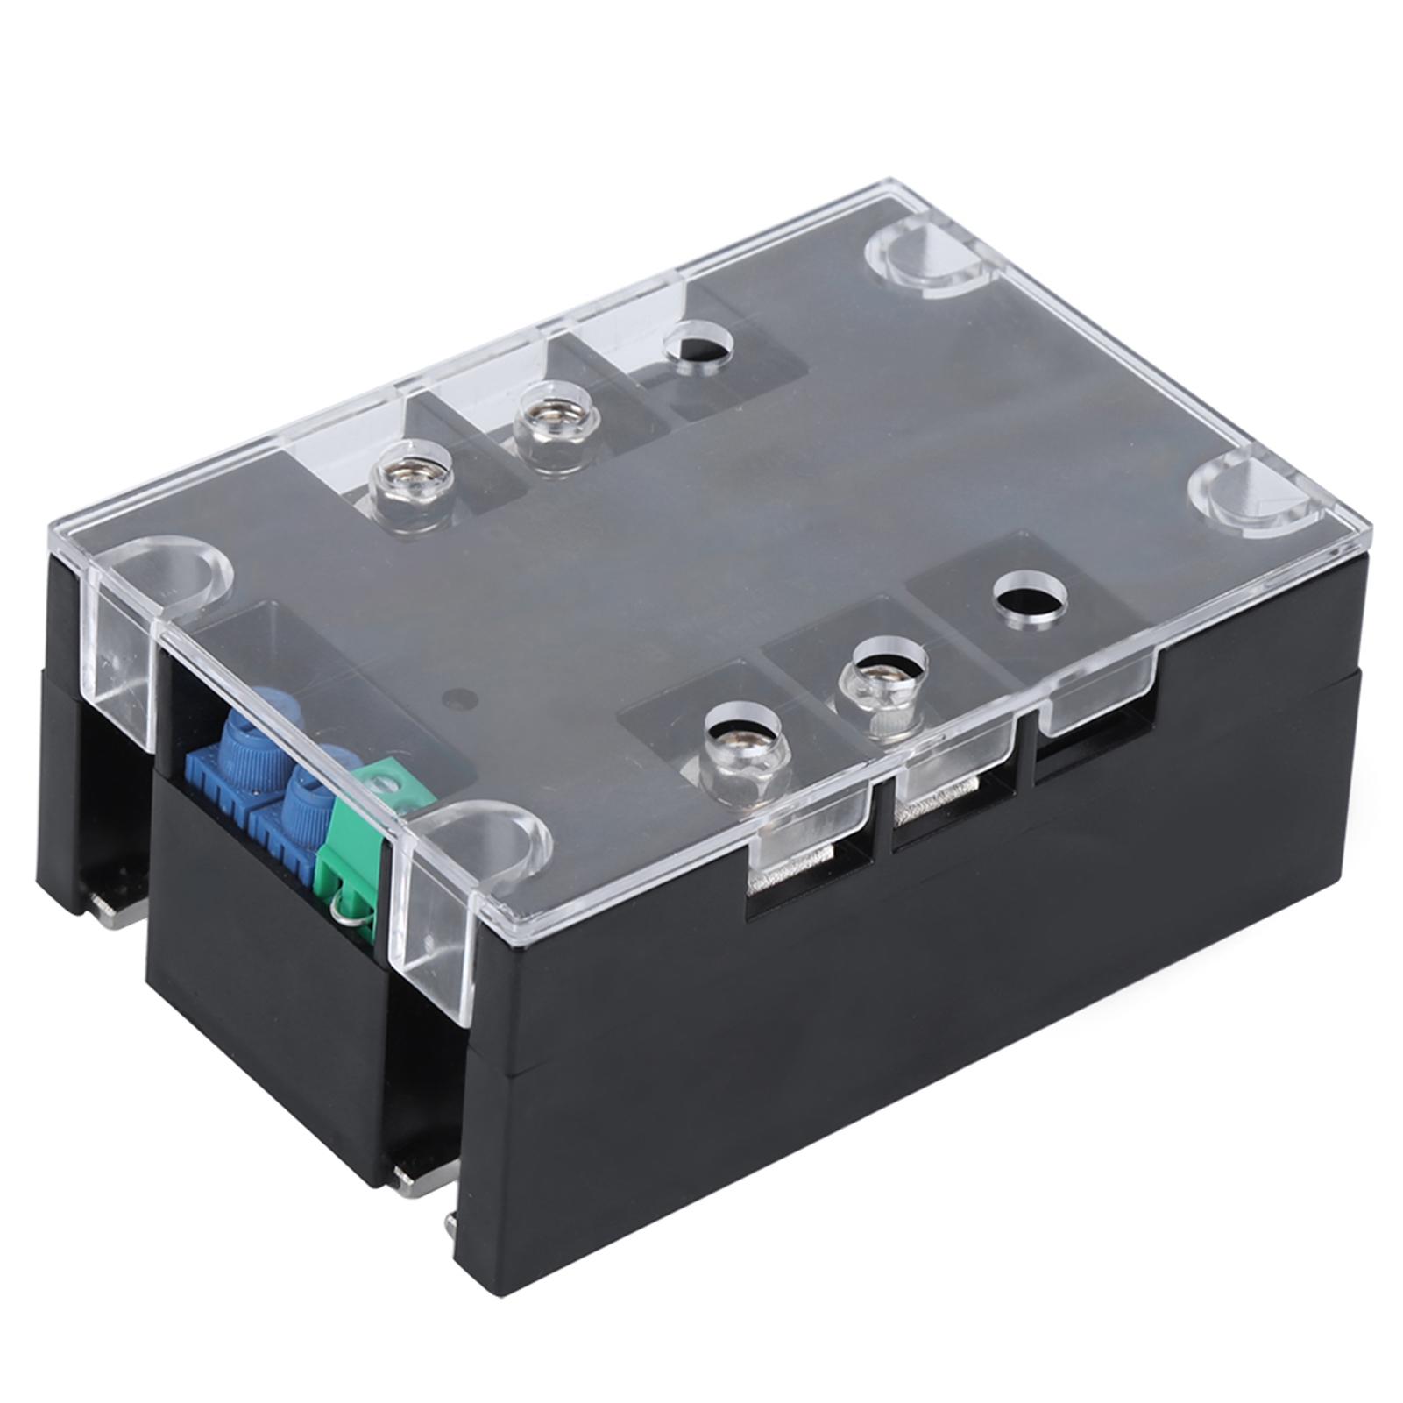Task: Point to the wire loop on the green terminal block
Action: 349,912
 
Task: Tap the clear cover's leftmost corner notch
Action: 163,578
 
